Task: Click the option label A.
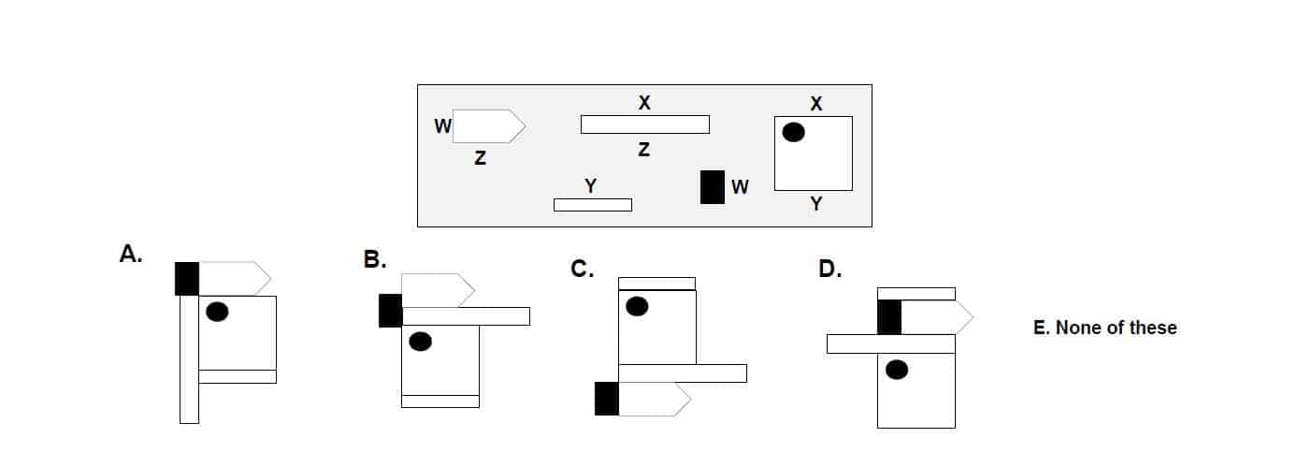click(131, 254)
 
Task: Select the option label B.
click(374, 260)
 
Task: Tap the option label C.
click(583, 270)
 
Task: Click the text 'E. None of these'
click(1104, 328)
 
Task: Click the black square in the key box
click(713, 186)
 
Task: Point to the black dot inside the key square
click(793, 133)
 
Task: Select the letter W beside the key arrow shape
click(443, 124)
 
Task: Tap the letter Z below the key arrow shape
click(480, 159)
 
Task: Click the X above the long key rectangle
click(643, 103)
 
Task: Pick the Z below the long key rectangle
click(643, 149)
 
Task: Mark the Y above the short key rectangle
click(590, 186)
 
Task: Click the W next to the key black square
click(740, 186)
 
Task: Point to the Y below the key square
click(815, 204)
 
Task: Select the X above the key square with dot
click(815, 103)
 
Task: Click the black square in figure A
click(187, 279)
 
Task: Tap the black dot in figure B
click(421, 342)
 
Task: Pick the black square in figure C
click(607, 399)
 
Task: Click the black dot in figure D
click(897, 371)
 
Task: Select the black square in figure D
click(889, 317)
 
